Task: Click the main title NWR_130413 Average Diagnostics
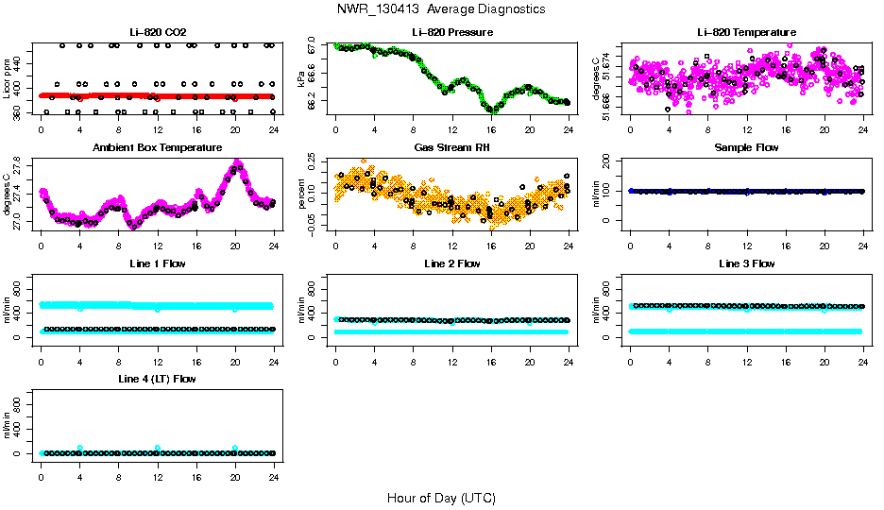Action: (x=441, y=8)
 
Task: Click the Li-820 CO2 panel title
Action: (x=157, y=32)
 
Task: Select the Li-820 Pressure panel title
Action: (x=451, y=32)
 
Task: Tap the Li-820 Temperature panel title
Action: (x=746, y=32)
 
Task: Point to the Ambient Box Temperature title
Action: (x=157, y=148)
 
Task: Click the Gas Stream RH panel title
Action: (x=451, y=148)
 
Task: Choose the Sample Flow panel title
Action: (x=746, y=148)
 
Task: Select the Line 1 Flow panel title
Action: (x=157, y=263)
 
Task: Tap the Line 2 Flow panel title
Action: (x=451, y=263)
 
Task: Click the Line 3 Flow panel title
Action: (x=746, y=263)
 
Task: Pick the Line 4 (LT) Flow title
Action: (x=157, y=379)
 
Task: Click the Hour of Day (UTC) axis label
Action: (x=441, y=498)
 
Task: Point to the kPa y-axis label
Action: (x=302, y=78)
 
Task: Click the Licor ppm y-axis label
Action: (x=8, y=78)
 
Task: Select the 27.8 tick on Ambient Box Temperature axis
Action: (x=22, y=165)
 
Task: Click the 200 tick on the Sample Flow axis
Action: (x=611, y=161)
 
